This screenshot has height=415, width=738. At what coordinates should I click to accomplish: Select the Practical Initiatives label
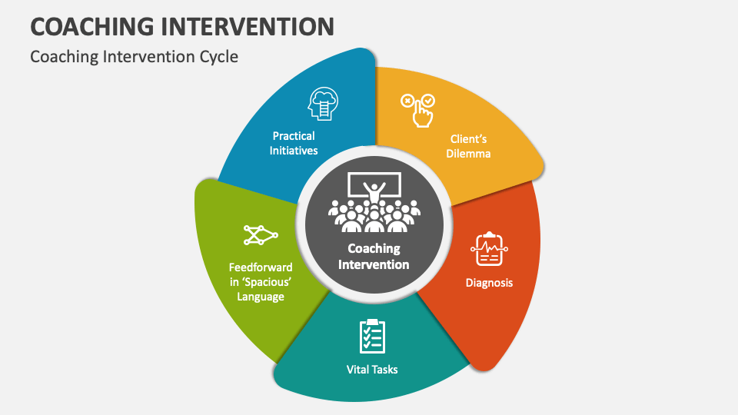coord(294,144)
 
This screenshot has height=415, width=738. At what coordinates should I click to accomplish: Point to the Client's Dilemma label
coord(469,146)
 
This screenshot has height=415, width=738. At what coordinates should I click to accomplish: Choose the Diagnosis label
coord(489,283)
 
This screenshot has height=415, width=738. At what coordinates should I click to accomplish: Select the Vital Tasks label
coord(372,370)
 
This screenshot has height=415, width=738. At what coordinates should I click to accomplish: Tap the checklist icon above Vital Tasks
coord(372,336)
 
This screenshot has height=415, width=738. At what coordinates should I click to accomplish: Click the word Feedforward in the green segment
coord(261,267)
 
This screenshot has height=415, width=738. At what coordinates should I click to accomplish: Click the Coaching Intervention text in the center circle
coord(374,257)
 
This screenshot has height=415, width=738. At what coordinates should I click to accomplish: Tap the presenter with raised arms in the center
coord(374,191)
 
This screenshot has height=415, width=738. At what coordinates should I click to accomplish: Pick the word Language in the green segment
coord(261,297)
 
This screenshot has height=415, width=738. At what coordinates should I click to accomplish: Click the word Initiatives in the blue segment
coord(294,151)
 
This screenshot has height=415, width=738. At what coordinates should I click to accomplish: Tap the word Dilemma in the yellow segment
coord(469,154)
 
